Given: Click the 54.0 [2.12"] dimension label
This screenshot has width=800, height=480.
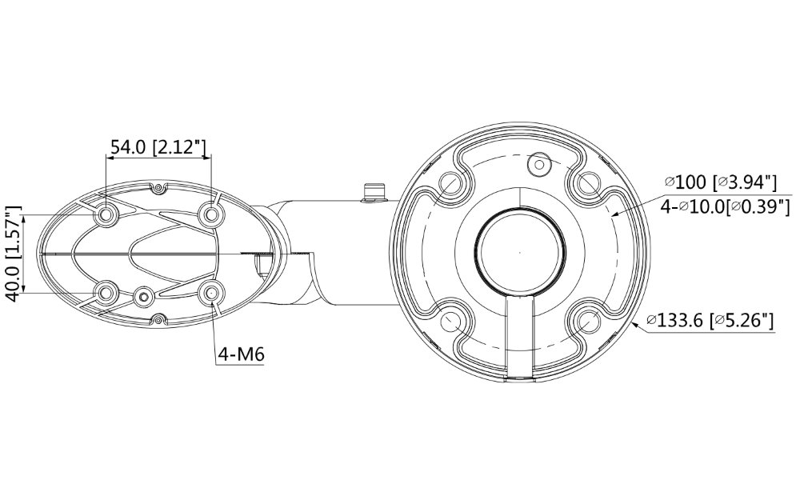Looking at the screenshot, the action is (158, 147).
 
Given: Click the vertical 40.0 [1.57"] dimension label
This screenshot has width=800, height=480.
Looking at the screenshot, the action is (14, 254).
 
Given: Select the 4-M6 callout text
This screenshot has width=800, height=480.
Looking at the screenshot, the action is (242, 354).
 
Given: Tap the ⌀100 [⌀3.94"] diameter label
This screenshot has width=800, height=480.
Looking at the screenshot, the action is (720, 182).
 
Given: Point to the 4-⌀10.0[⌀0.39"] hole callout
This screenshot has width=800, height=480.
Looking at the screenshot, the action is (725, 206).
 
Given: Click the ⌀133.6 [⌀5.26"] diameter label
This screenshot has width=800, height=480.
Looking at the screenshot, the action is (710, 320).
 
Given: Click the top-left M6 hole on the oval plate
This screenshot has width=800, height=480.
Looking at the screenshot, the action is (106, 214).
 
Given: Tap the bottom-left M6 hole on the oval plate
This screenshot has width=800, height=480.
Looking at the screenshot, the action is (106, 293).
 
